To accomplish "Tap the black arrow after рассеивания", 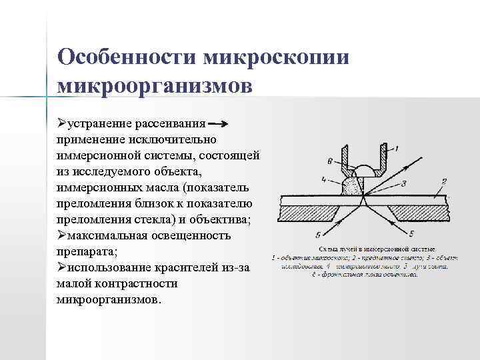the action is point(218,124).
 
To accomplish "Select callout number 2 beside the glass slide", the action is point(443,181).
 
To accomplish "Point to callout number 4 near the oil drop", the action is point(324,179).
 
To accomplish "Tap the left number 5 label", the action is point(318,233).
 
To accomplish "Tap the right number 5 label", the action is point(412,233).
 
